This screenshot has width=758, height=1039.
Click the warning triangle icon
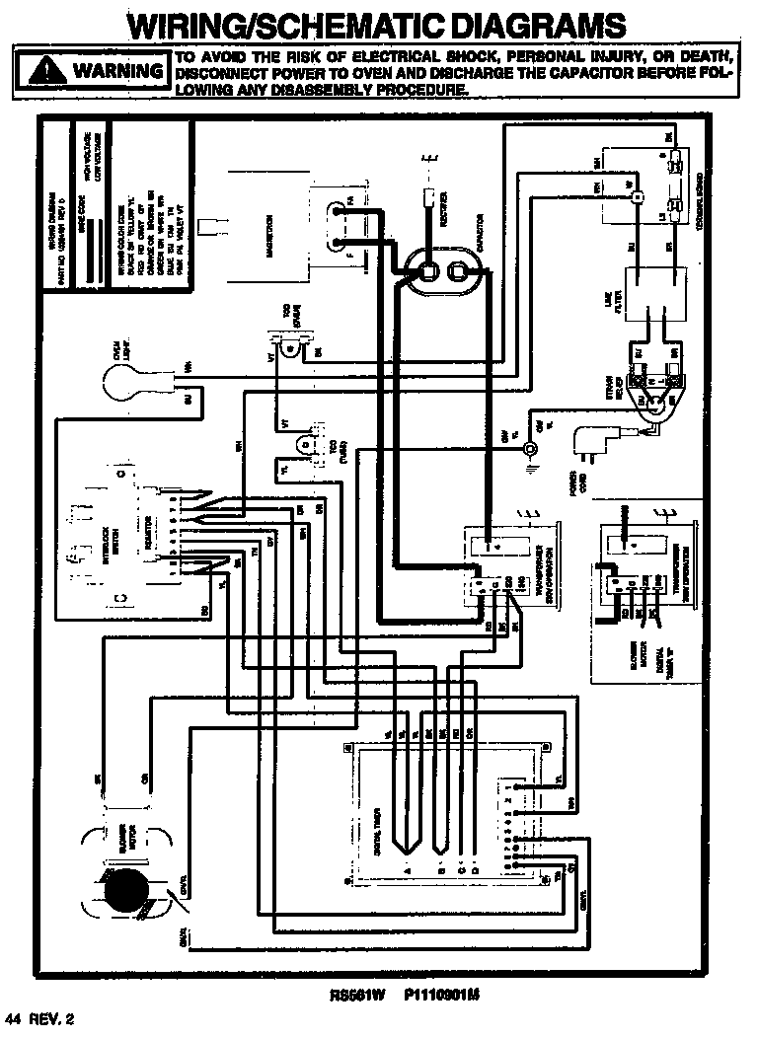coord(44,70)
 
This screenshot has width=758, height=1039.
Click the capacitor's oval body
coord(442,269)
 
